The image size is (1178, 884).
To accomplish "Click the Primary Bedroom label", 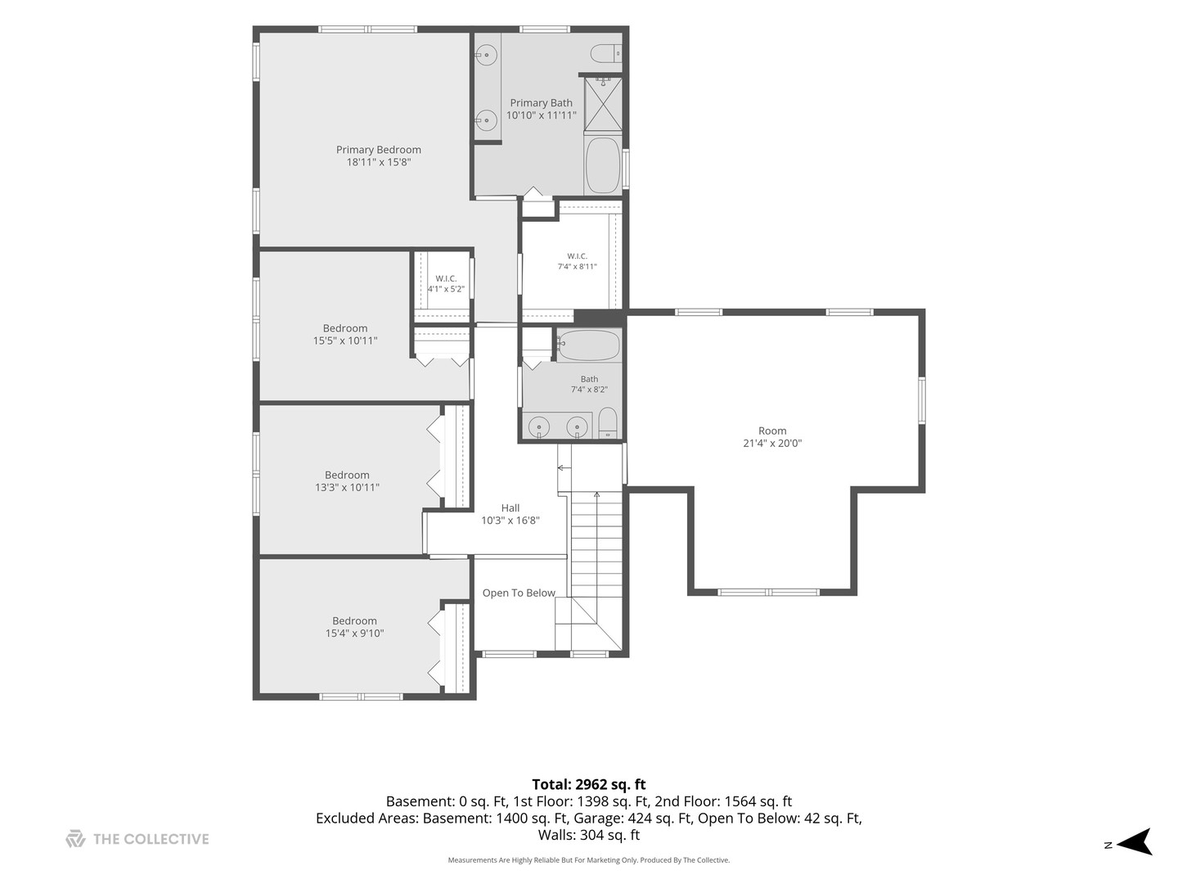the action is [379, 156].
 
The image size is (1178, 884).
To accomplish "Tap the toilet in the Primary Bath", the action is [606, 54].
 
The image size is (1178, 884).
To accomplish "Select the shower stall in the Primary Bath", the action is [603, 104].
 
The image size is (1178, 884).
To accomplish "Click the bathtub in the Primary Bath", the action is [603, 165].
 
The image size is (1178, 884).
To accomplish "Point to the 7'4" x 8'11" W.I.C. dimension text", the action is [577, 266].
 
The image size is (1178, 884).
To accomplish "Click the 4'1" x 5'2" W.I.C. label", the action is [446, 284].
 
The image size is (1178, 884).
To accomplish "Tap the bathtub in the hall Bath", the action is [588, 345].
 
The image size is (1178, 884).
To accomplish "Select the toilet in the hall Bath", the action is [608, 422].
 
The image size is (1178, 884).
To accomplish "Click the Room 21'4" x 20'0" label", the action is [772, 437].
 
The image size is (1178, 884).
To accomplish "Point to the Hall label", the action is [510, 507].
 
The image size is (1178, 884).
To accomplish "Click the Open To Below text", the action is [519, 593].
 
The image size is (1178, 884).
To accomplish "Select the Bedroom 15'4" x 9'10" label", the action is [354, 627].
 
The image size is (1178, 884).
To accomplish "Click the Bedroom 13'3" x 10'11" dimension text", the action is [347, 487].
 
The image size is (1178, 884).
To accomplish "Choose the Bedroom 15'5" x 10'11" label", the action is [345, 335].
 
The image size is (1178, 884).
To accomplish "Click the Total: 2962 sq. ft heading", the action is [589, 784].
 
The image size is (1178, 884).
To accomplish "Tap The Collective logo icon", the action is [75, 839].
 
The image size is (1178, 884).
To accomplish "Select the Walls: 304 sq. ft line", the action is [589, 835].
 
